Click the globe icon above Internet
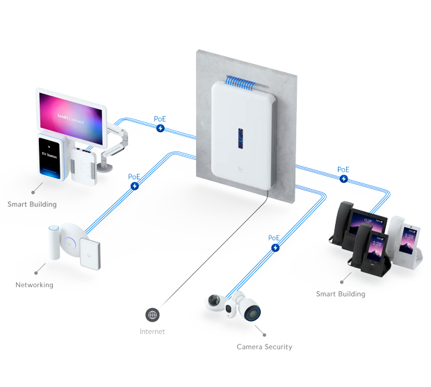pos(152,315)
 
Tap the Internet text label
pos(152,331)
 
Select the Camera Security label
pos(264,347)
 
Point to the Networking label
pos(34,285)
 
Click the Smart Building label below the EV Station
pos(32,205)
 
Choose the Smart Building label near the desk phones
pos(341,294)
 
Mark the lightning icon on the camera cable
pos(275,247)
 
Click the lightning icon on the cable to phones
pos(343,179)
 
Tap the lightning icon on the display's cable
pos(160,129)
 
